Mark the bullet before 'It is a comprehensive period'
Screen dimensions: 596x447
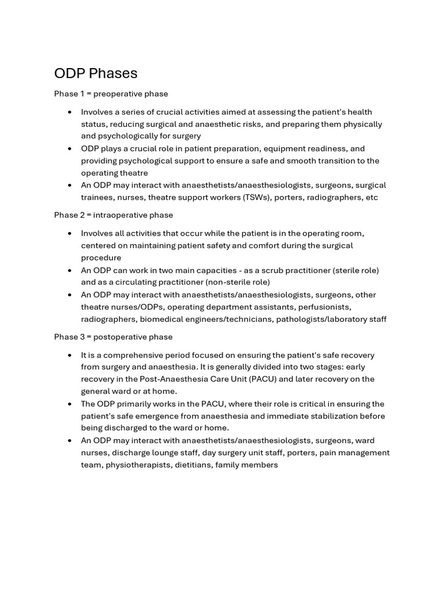click(70, 355)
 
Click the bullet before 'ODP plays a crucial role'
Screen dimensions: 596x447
click(70, 148)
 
